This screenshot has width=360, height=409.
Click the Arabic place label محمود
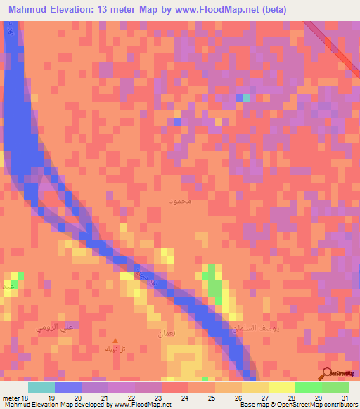pyautogui.click(x=181, y=202)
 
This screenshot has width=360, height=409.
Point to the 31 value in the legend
pyautogui.click(x=345, y=398)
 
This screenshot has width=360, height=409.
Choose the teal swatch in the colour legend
pyautogui.click(x=41, y=387)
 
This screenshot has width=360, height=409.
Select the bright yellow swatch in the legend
pyautogui.click(x=281, y=387)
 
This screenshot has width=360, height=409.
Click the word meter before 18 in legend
pyautogui.click(x=11, y=398)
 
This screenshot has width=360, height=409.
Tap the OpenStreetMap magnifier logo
pyautogui.click(x=327, y=373)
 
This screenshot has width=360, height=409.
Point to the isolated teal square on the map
pyautogui.click(x=246, y=97)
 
